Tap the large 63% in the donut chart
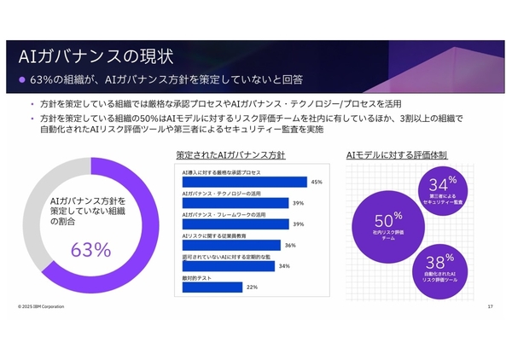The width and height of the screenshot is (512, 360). [91, 249]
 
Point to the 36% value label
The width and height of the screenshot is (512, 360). [289, 245]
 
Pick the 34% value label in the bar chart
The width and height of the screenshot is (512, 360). [283, 266]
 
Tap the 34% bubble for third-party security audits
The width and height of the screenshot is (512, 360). [441, 189]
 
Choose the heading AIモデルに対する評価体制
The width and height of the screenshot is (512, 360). [397, 155]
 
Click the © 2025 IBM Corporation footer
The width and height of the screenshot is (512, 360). [40, 306]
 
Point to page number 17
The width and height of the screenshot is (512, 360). [490, 306]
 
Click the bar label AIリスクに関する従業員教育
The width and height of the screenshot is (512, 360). [216, 235]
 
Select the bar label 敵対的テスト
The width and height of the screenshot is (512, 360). [195, 277]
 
